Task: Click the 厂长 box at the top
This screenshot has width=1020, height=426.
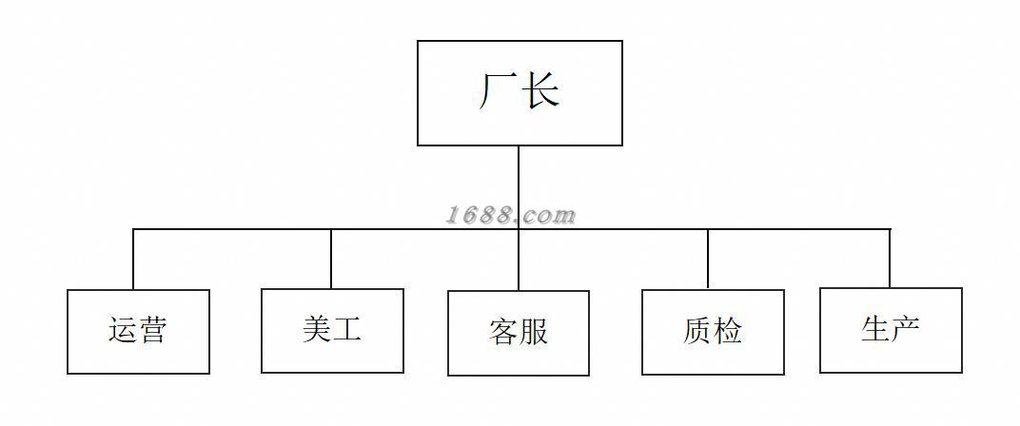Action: (x=520, y=93)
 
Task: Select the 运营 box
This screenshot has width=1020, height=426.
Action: (x=138, y=331)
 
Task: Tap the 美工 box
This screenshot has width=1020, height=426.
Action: (x=332, y=330)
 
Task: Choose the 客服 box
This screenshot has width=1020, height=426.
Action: (x=519, y=333)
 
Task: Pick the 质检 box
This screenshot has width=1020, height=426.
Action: (x=713, y=332)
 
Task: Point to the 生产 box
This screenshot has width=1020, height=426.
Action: (x=891, y=330)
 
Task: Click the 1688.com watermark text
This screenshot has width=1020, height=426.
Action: (x=511, y=216)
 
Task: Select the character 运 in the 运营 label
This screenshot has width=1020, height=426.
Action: (x=123, y=331)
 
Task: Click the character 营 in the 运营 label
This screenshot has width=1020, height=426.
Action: (x=153, y=331)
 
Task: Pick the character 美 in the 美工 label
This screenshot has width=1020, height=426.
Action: (x=317, y=330)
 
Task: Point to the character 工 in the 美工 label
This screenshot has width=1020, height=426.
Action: (x=347, y=330)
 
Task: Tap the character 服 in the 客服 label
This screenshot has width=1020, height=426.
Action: (x=534, y=333)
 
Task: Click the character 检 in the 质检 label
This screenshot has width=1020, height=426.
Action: (x=728, y=332)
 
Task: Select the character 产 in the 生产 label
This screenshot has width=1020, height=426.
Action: (x=906, y=330)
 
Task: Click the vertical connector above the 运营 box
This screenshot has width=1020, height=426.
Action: (x=133, y=260)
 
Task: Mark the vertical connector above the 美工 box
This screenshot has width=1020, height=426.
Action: (x=331, y=259)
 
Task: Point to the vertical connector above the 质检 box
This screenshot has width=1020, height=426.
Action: (x=708, y=259)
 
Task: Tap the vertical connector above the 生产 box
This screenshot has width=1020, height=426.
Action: (x=890, y=259)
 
